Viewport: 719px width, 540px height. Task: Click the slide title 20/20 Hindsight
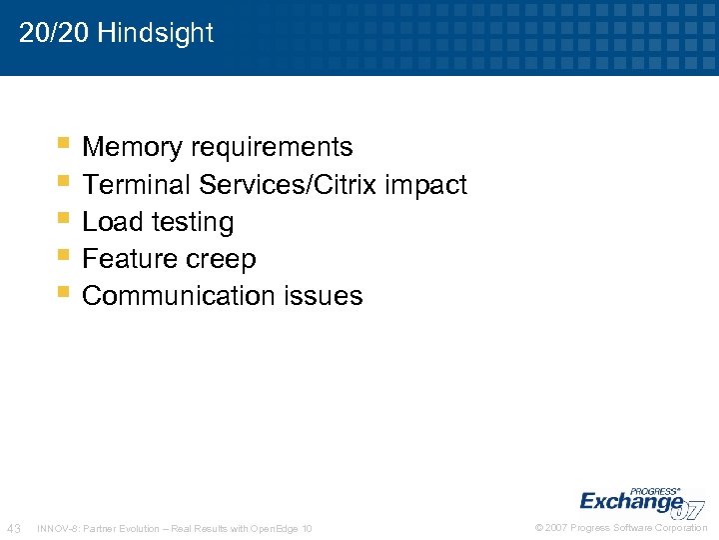click(116, 33)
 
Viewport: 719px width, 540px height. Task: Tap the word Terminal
click(137, 185)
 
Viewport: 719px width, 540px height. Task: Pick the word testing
click(190, 222)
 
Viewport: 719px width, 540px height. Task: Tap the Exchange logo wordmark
click(631, 501)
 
